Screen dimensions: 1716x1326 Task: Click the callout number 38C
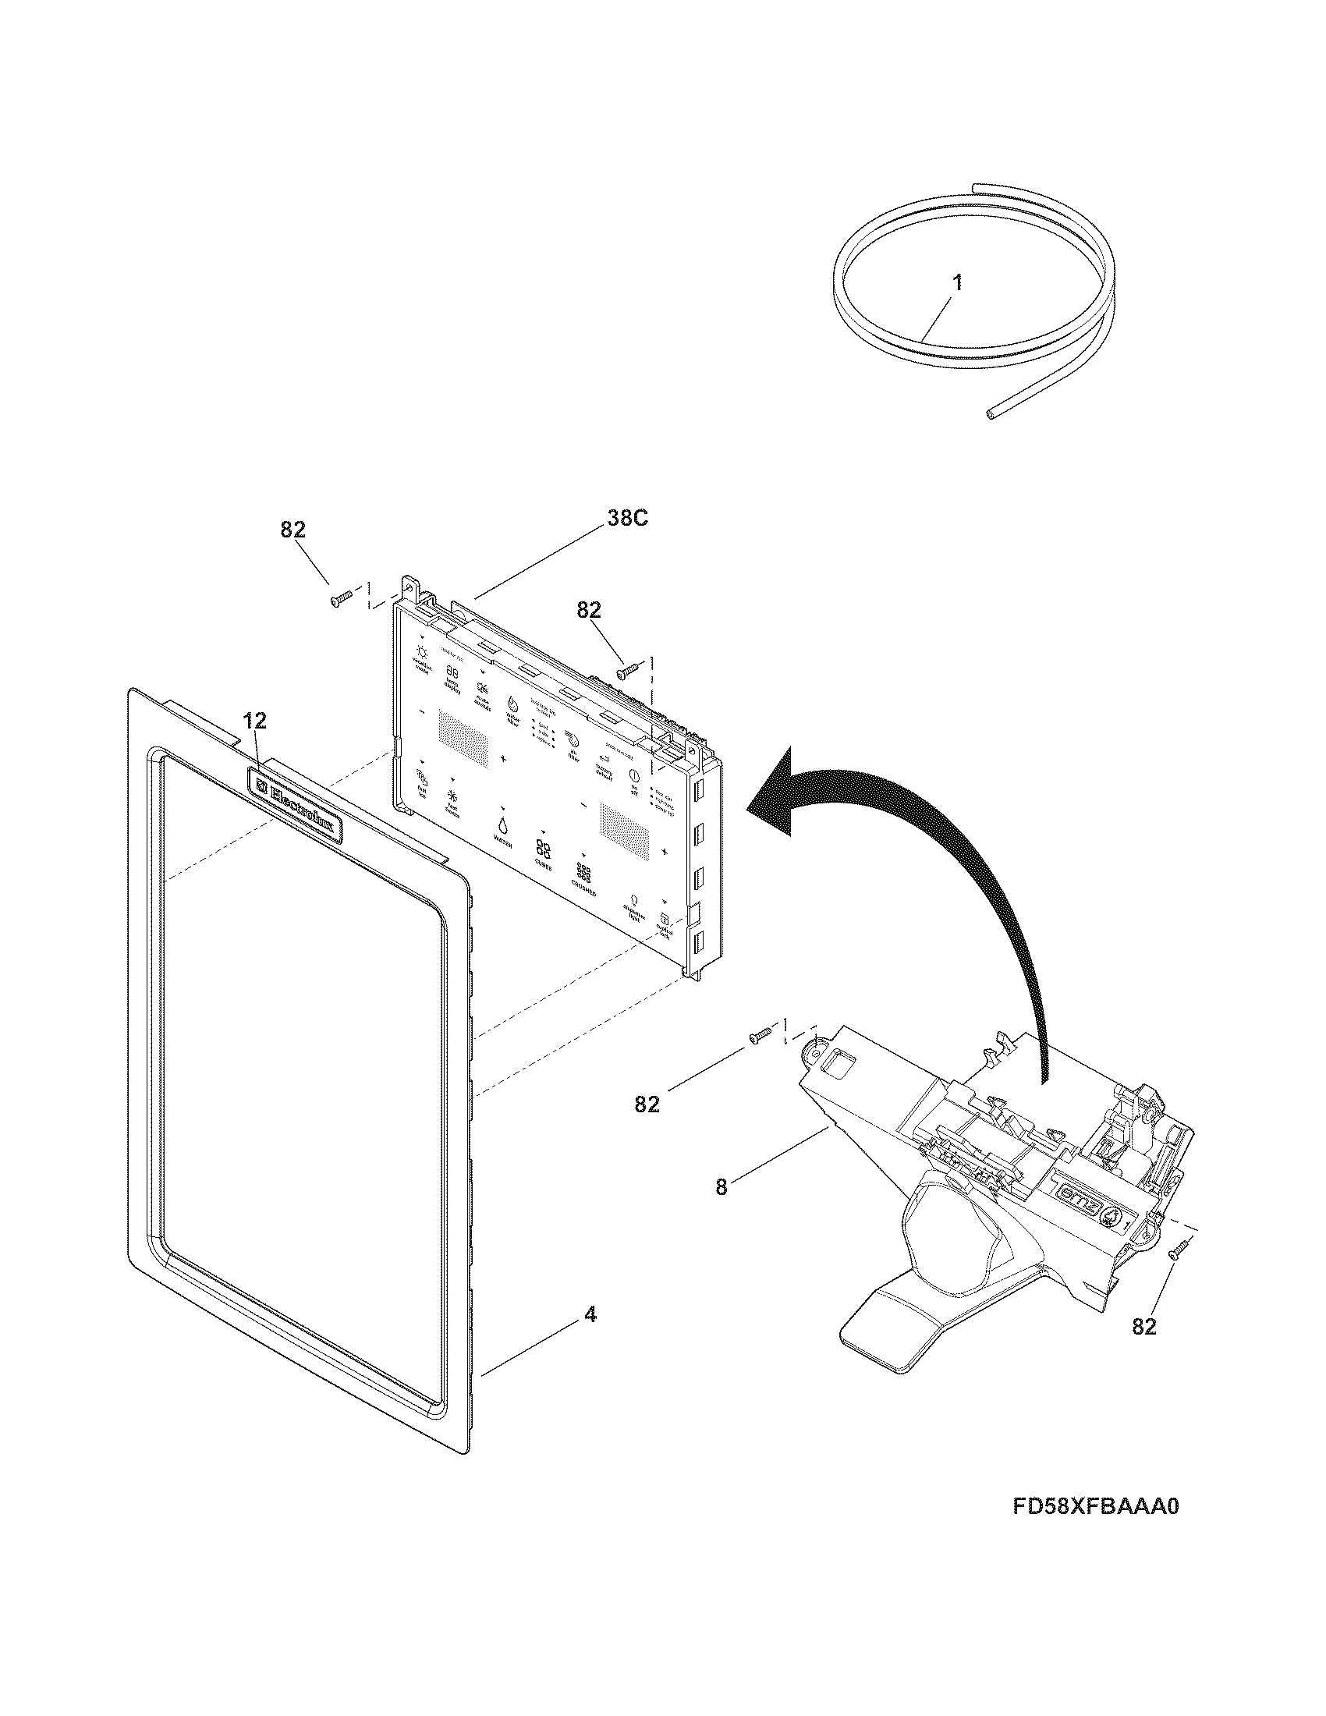click(x=627, y=519)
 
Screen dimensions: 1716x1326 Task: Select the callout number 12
click(x=254, y=720)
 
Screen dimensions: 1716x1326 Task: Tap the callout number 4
click(x=590, y=1314)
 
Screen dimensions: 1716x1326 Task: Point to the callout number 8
click(x=721, y=1187)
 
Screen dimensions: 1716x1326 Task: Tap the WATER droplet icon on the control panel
click(x=502, y=826)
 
